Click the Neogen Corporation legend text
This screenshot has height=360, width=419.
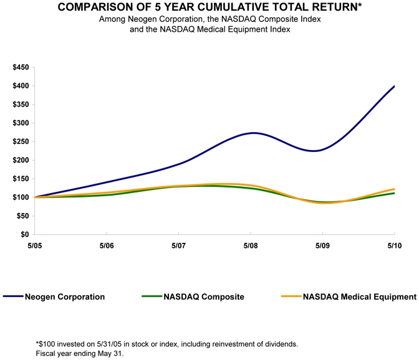coord(65,297)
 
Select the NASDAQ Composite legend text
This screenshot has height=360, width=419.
coord(205,297)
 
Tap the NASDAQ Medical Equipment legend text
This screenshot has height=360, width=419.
coord(359,297)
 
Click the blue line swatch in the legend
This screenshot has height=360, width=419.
coord(13,297)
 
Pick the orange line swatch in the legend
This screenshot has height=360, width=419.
coord(291,297)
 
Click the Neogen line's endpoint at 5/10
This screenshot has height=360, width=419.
coord(394,86)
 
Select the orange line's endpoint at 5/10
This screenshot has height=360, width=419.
coord(394,189)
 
